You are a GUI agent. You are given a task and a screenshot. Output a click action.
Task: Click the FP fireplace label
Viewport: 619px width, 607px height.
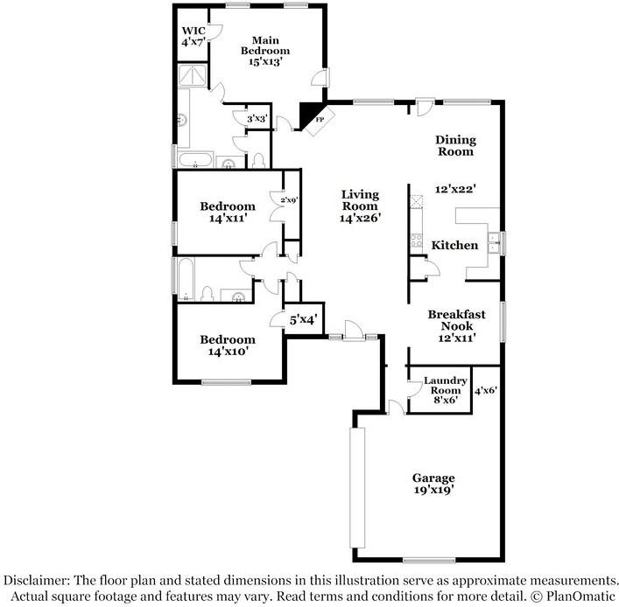(320, 119)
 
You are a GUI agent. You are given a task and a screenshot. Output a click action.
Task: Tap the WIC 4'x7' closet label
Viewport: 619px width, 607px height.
(193, 36)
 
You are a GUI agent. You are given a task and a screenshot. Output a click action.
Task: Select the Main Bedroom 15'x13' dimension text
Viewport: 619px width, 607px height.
(265, 61)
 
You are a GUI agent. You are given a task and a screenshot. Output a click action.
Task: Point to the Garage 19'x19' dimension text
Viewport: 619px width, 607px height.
(433, 490)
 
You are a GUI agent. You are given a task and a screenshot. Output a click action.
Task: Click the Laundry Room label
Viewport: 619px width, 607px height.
(446, 386)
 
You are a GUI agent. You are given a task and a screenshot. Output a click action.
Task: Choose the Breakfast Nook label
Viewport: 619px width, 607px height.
(457, 320)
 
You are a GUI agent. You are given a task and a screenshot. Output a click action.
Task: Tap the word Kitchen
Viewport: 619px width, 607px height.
(454, 245)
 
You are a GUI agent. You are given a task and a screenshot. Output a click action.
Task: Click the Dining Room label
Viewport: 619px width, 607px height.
(455, 145)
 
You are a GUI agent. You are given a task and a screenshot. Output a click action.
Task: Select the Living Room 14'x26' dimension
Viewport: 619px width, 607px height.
(360, 217)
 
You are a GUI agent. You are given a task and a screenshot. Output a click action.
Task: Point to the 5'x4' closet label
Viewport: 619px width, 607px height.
(304, 319)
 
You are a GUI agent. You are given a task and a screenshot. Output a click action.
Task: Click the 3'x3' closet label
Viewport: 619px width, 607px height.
(257, 118)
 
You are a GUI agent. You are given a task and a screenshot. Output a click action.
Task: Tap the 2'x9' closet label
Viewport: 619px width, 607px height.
(289, 200)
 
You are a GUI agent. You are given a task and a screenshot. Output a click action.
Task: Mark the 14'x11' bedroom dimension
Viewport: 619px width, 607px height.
(228, 218)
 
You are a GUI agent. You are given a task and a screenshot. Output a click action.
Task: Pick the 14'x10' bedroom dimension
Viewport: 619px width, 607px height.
(228, 351)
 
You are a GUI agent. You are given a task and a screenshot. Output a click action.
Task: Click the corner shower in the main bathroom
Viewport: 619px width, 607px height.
(193, 75)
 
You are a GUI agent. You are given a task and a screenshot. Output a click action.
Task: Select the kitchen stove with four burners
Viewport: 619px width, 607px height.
(417, 241)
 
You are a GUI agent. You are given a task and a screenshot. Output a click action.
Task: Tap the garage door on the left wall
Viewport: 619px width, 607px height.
(357, 487)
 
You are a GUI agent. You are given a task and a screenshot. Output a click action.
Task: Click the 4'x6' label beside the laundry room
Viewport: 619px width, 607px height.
(486, 390)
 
